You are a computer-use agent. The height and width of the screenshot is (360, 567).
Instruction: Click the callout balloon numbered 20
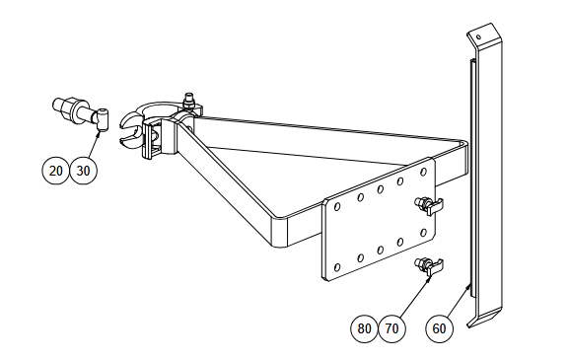tap(55, 171)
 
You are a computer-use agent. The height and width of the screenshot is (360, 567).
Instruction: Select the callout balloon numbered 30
tap(84, 171)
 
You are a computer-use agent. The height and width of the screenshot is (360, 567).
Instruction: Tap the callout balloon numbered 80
tap(364, 328)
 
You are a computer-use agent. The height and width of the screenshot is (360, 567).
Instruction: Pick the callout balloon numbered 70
tap(391, 328)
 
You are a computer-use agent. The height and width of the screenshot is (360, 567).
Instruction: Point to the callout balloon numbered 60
tap(439, 328)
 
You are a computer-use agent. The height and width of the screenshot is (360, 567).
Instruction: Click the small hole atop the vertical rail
tap(478, 36)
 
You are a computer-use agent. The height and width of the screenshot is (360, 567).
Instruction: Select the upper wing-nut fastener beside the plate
tap(429, 205)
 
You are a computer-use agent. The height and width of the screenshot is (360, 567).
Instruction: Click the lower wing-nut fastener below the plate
tap(429, 266)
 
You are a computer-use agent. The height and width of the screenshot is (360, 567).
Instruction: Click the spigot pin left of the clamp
tap(81, 111)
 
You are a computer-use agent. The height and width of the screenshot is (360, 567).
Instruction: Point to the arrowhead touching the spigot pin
tap(99, 133)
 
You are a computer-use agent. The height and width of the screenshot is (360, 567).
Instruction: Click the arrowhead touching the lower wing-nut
tap(429, 279)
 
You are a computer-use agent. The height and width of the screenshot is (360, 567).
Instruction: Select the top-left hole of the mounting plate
tap(337, 206)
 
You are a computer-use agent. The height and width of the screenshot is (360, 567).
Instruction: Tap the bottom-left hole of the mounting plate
tap(337, 267)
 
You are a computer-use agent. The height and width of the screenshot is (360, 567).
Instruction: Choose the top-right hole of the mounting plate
tap(423, 172)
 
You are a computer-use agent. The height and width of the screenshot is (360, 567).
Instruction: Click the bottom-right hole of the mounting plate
tap(423, 233)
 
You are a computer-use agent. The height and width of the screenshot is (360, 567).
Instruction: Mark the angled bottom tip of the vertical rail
tap(469, 326)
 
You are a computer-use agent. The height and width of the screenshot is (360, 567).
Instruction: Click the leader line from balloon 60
tap(458, 302)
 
